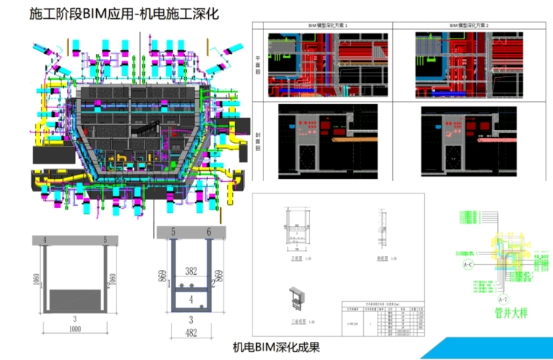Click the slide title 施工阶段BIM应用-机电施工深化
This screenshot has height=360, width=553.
(x=124, y=14)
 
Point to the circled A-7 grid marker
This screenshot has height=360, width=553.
(x=502, y=299)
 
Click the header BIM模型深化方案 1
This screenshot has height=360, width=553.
(x=327, y=25)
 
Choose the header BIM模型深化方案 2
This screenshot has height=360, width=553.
(x=469, y=25)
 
